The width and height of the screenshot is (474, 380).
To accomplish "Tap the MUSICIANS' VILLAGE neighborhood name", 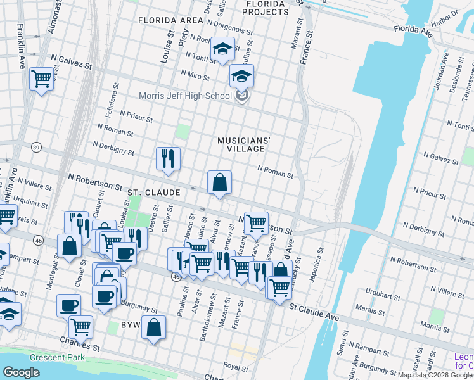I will (x=240, y=144).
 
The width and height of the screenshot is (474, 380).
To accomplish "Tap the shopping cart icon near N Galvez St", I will (x=41, y=80).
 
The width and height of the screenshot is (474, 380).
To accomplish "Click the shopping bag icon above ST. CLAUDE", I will (x=219, y=183).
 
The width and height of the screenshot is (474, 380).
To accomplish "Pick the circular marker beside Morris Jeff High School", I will (x=241, y=96).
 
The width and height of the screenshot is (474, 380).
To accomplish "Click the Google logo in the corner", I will (x=21, y=372).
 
